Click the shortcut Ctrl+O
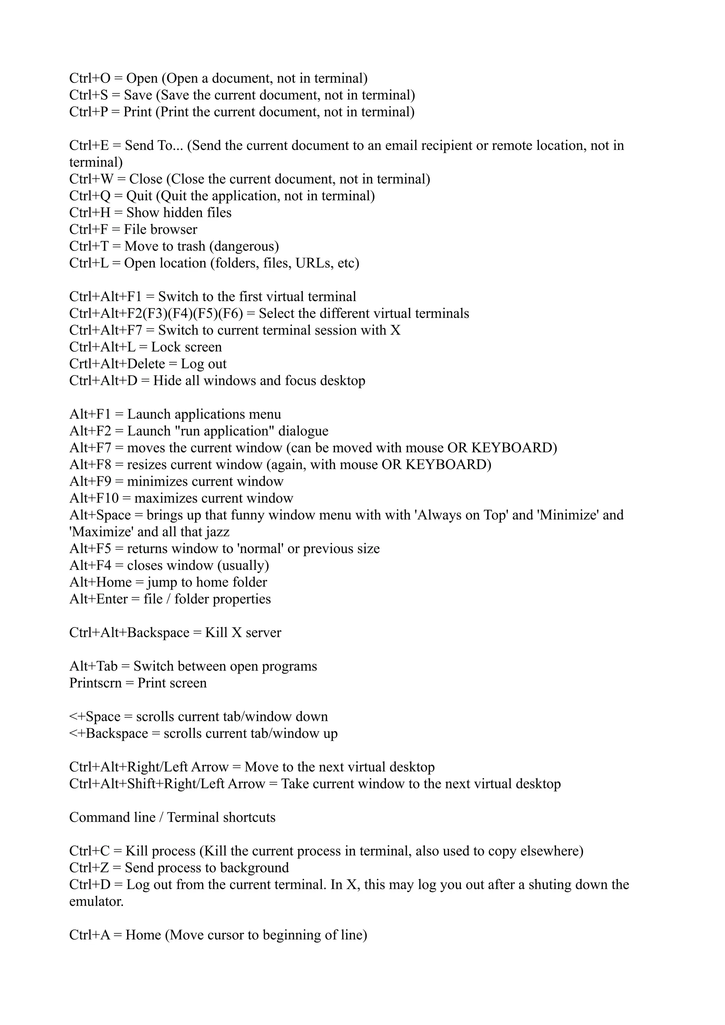click(89, 79)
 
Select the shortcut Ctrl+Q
click(89, 196)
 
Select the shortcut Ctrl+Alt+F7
click(105, 330)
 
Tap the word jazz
click(218, 532)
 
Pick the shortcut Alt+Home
click(101, 583)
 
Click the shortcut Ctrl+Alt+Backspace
click(129, 633)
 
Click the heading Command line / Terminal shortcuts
click(172, 817)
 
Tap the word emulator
click(96, 902)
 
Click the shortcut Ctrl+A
click(89, 935)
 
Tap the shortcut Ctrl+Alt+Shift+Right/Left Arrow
click(167, 784)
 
